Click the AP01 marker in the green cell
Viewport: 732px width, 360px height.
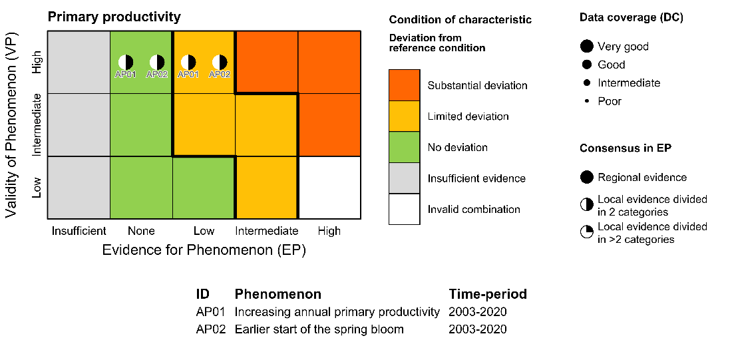[126, 63]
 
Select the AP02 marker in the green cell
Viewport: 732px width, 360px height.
[157, 63]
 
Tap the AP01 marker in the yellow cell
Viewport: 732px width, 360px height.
[188, 63]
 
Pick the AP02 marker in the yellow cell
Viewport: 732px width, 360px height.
[220, 63]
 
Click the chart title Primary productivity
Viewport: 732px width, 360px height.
[114, 17]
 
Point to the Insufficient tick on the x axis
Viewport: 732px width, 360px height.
[79, 231]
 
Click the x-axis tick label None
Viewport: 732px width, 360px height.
[141, 231]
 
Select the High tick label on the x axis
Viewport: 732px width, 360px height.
[329, 231]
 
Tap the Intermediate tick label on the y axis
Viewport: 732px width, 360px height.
[37, 125]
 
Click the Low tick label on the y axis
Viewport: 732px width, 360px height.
[37, 187]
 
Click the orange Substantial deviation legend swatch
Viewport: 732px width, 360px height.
[405, 85]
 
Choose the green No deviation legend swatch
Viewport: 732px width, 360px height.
[405, 147]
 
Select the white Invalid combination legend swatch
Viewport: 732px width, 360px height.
[405, 209]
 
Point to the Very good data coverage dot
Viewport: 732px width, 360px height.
[587, 47]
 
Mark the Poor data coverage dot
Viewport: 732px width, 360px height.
[587, 101]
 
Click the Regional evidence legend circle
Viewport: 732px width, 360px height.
[587, 177]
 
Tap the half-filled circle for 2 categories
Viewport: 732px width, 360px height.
[587, 205]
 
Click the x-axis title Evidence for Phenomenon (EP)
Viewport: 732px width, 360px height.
[204, 251]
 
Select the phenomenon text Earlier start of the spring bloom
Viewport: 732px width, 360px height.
[319, 329]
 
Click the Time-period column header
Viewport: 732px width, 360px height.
[488, 294]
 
